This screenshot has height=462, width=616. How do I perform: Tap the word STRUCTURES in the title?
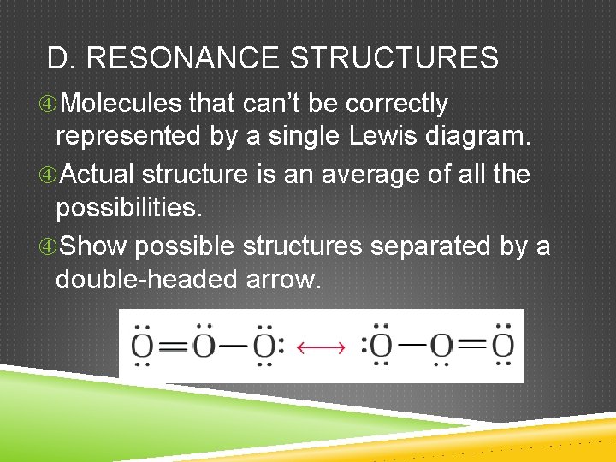click(x=394, y=58)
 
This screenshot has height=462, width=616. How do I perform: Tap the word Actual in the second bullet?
click(x=98, y=174)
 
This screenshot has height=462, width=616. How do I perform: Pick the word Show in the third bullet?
click(x=94, y=246)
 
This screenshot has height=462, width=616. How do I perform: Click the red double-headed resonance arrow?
click(x=321, y=346)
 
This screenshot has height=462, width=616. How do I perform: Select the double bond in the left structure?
click(x=174, y=346)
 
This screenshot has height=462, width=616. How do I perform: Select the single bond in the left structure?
click(x=234, y=346)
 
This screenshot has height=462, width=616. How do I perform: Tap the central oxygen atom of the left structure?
click(x=204, y=346)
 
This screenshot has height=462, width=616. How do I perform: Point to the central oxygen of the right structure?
click(x=441, y=346)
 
